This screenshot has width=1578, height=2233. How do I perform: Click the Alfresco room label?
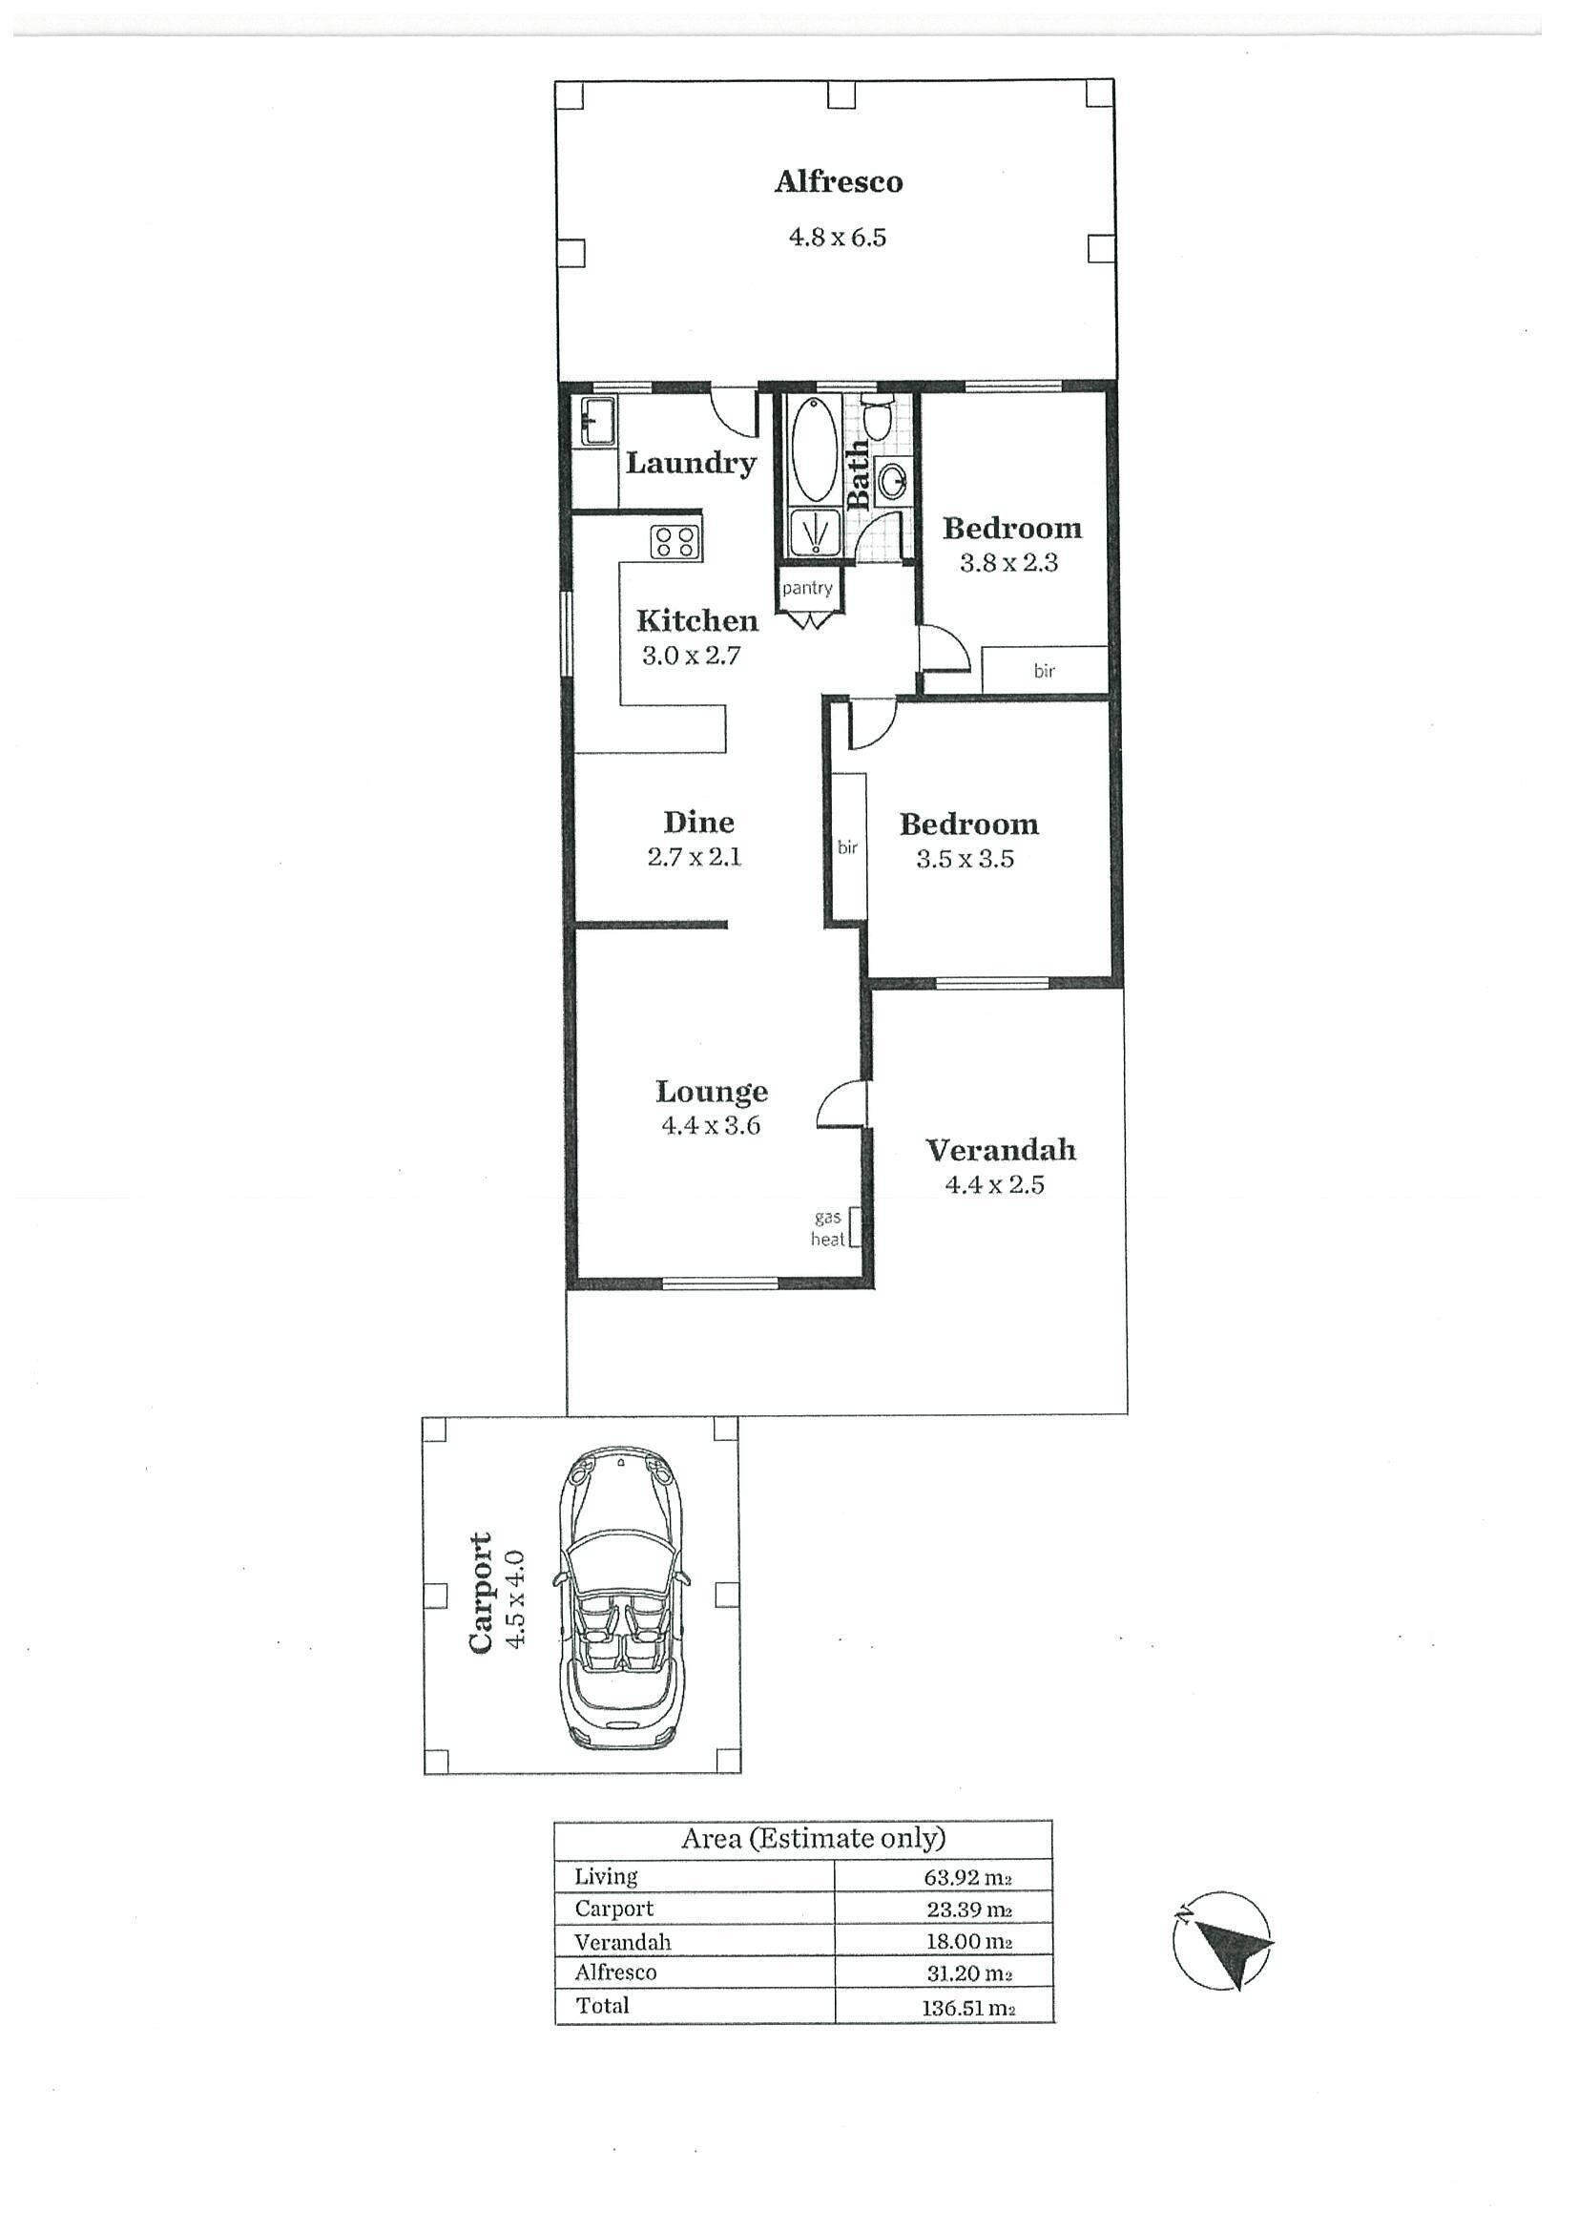tap(838, 182)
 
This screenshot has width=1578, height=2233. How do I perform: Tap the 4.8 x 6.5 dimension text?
tap(837, 238)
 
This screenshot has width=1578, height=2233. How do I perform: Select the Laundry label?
tap(691, 463)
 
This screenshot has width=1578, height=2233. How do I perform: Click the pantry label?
tap(807, 589)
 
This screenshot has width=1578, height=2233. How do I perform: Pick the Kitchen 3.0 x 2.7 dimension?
tap(692, 657)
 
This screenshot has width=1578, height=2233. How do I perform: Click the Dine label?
tap(698, 823)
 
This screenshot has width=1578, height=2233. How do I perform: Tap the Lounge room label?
tap(712, 1093)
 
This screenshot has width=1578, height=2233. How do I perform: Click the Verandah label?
tap(1001, 1151)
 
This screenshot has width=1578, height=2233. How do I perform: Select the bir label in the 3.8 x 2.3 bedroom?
tap(1045, 671)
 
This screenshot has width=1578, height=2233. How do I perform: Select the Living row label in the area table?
tap(606, 1877)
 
